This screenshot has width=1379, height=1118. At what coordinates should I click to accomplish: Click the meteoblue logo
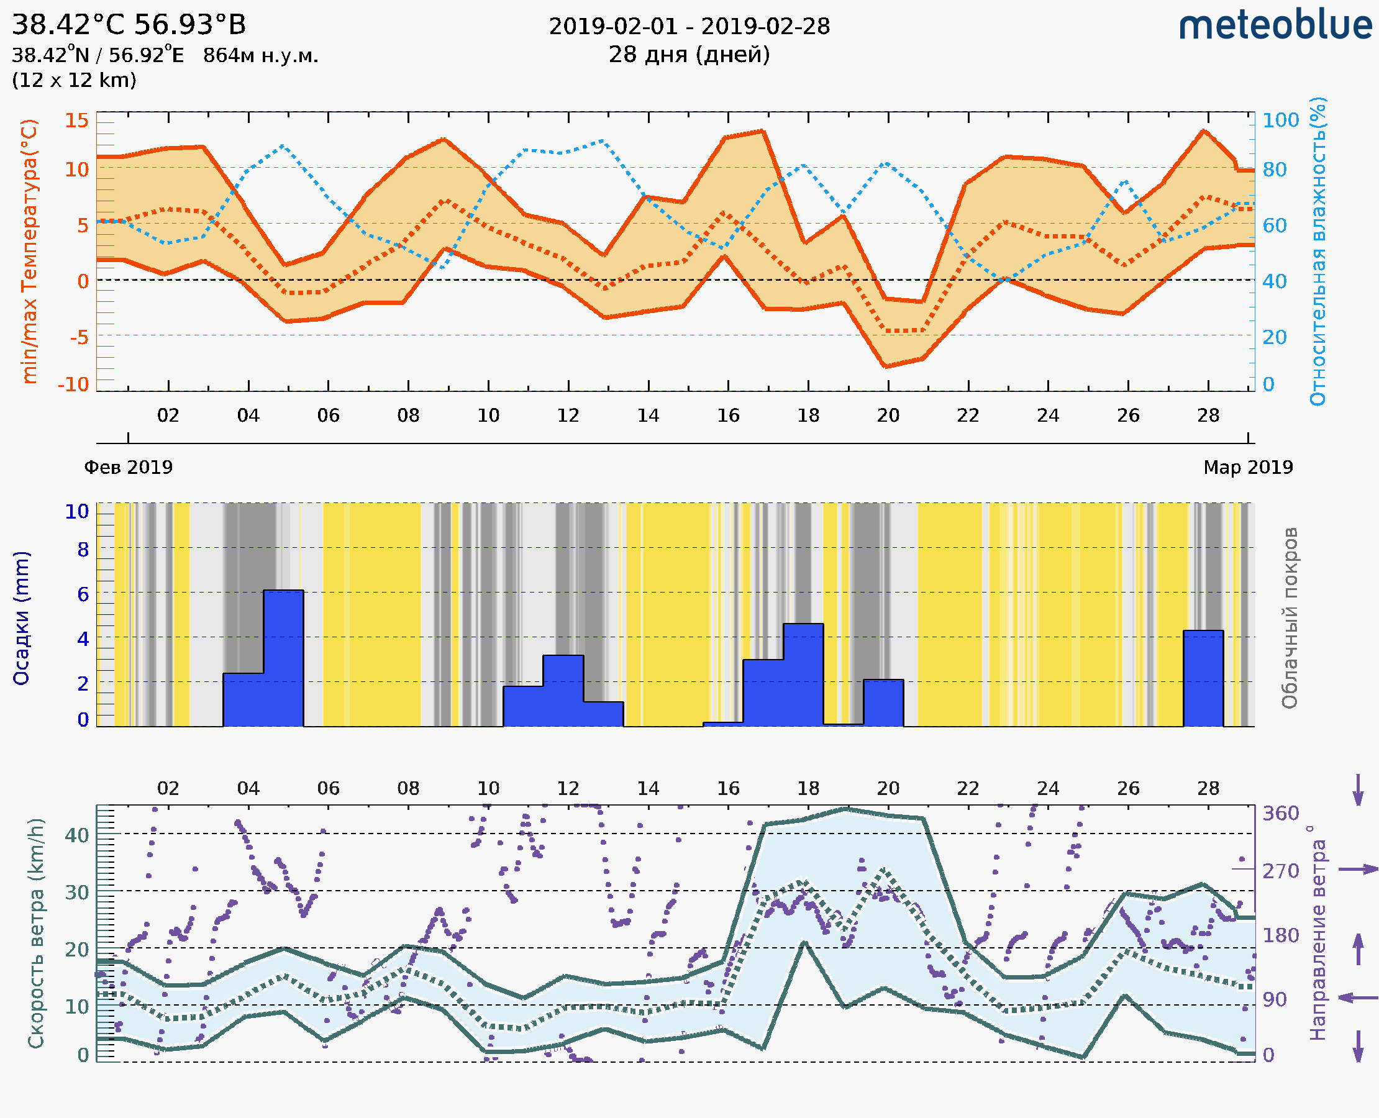pyautogui.click(x=1275, y=25)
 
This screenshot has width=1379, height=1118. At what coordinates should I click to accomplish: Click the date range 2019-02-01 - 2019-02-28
pyautogui.click(x=689, y=27)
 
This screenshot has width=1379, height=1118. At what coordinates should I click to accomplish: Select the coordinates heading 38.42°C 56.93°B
pyautogui.click(x=129, y=25)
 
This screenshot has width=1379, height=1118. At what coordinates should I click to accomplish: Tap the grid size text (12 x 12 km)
pyautogui.click(x=74, y=81)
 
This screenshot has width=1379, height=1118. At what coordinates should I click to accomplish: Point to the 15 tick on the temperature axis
pyautogui.click(x=76, y=120)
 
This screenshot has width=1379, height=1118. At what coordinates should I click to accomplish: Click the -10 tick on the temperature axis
pyautogui.click(x=73, y=384)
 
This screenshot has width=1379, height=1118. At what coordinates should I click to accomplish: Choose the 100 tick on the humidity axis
pyautogui.click(x=1280, y=120)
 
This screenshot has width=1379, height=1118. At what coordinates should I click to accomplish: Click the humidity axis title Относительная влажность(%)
pyautogui.click(x=1318, y=251)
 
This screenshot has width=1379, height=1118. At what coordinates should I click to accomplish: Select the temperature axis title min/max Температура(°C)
pyautogui.click(x=29, y=251)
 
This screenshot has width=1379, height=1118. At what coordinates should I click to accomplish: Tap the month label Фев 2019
pyautogui.click(x=128, y=467)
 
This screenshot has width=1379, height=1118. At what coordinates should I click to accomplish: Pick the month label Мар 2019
pyautogui.click(x=1247, y=467)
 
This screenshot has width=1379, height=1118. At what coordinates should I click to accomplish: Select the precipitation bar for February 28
pyautogui.click(x=1203, y=678)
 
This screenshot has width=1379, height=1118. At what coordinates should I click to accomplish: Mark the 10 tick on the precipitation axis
pyautogui.click(x=76, y=511)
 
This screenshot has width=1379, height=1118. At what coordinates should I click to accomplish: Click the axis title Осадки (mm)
pyautogui.click(x=21, y=618)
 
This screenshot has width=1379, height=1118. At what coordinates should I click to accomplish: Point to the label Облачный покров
pyautogui.click(x=1289, y=618)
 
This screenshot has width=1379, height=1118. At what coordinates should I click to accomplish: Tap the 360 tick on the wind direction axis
pyautogui.click(x=1280, y=814)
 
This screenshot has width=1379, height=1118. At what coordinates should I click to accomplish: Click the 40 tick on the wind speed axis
pyautogui.click(x=76, y=835)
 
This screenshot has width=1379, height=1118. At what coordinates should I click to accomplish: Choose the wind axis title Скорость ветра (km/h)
pyautogui.click(x=36, y=934)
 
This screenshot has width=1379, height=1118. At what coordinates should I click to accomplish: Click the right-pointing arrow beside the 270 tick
pyautogui.click(x=1358, y=870)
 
